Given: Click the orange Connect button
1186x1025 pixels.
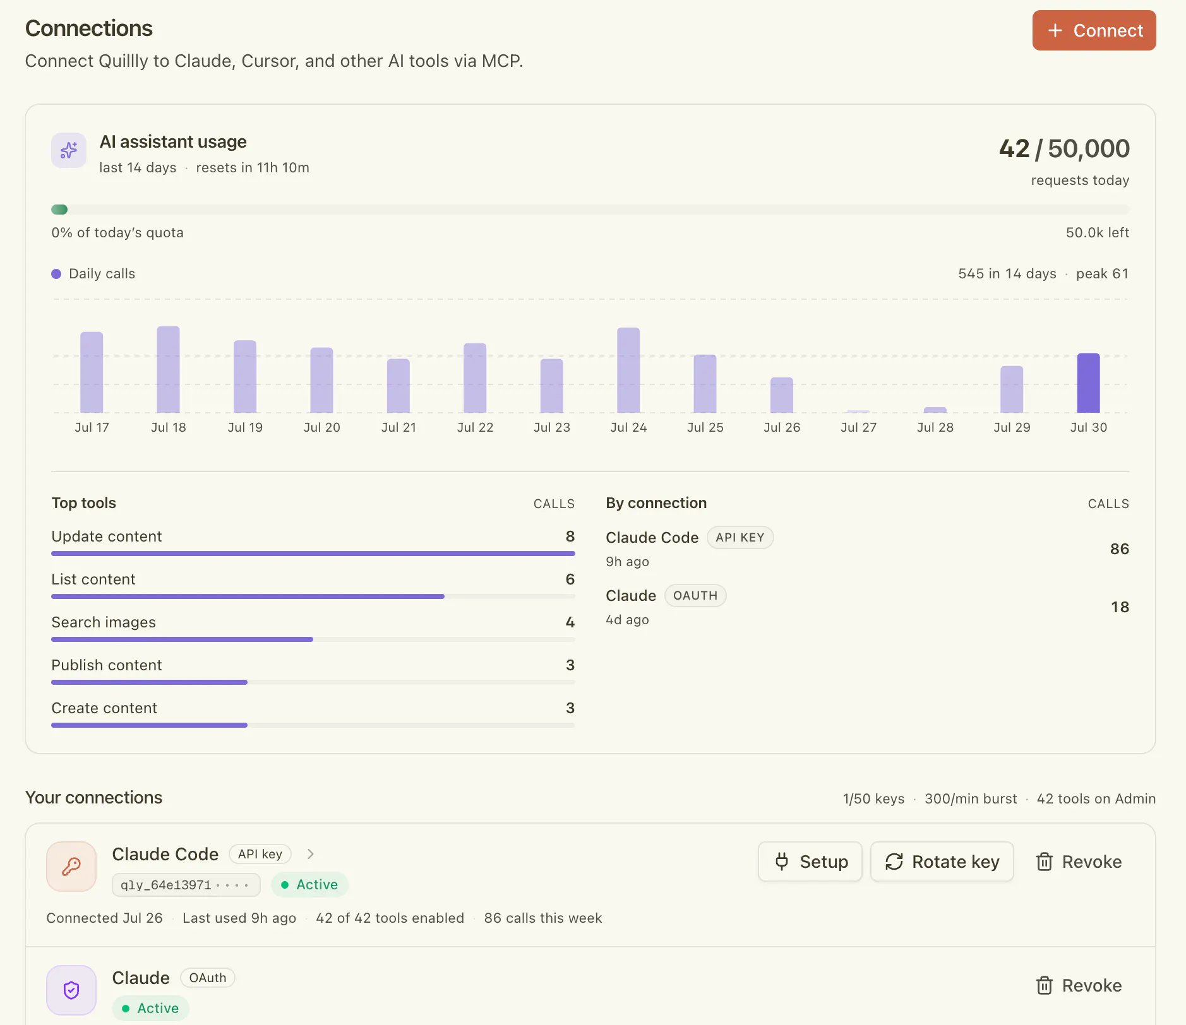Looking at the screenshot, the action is coord(1094,30).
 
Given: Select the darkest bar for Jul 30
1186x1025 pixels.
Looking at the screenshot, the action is coord(1088,383).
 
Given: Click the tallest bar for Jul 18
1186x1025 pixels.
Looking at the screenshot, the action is coord(168,370).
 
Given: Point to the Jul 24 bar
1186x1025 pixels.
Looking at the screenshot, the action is coord(628,370).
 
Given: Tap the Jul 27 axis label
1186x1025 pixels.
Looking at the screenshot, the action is coord(858,427).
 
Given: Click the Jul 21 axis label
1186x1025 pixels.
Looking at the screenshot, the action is coord(398,427).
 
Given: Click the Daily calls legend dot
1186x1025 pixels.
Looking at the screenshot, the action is coord(56,274).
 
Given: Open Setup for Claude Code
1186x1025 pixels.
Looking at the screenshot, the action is coord(810,862).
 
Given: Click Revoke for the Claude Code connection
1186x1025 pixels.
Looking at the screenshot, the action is coord(1079,862).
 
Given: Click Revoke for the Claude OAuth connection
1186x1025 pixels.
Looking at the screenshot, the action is coord(1079,985).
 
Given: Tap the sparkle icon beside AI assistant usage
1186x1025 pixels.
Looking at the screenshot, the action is coord(69,150).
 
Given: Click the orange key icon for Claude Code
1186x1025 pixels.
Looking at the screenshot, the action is coord(71,867).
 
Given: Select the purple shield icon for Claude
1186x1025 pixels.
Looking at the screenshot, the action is coord(71,990).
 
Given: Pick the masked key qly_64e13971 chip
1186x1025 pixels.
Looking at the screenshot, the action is coord(186,885).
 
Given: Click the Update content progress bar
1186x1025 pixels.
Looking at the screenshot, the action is coord(313,554).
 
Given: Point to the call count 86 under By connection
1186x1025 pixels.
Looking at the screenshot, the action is coord(1120,549).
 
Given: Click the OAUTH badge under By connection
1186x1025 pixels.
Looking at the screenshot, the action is coord(695,596).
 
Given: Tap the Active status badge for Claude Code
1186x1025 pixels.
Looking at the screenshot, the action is coord(309,885).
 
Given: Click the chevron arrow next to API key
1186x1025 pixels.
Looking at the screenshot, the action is coord(310,854).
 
